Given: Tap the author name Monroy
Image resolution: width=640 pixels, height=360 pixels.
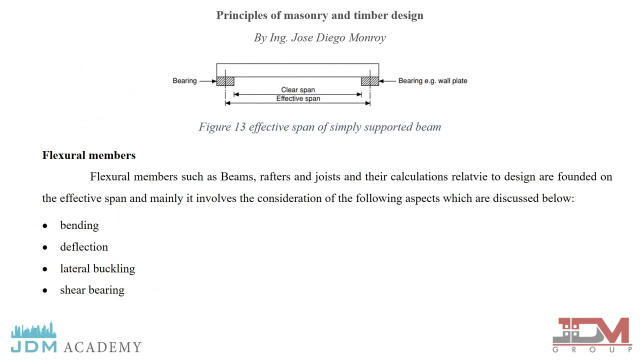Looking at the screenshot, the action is point(367,38).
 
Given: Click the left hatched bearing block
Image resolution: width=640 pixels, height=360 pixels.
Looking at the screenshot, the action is point(225,81).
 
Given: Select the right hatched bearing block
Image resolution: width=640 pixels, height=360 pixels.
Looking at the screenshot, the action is point(370,81).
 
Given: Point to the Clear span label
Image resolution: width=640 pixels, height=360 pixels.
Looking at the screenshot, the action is point(298,89).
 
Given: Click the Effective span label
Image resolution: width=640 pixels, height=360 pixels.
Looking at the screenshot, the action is point(298,98).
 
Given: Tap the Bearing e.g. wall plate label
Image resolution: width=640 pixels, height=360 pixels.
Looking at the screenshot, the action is point(432,81).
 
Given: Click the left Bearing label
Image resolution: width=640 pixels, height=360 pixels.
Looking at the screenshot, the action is point(184,81).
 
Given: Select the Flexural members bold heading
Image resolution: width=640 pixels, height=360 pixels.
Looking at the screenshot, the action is point(89,155).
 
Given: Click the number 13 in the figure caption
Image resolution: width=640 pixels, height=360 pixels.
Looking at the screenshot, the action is point(239,127).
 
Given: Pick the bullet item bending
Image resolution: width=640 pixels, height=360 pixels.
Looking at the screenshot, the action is point(79,225).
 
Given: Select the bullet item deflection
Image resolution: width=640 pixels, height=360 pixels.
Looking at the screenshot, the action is point(84,247).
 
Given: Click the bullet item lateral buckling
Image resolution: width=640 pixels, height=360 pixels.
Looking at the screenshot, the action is point(97,268).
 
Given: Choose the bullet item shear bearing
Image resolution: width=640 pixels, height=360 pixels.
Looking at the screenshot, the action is point(92,290).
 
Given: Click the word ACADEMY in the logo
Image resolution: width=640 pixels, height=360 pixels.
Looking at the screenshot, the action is point(102,347).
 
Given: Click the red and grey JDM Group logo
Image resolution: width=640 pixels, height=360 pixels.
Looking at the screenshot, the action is point(591,335).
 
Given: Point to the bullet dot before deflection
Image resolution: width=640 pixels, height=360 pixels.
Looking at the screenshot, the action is point(45,247).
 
